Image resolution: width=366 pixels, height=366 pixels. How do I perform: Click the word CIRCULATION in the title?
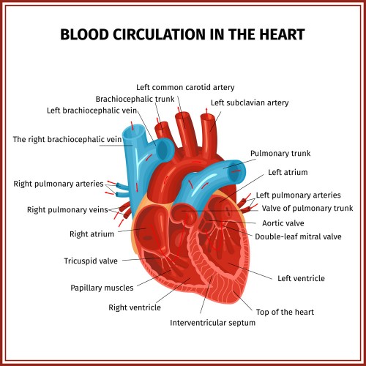pos(159,34)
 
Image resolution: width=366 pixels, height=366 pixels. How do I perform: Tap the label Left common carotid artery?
pos(185,87)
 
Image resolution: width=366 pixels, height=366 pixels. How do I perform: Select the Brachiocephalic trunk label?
pos(135,99)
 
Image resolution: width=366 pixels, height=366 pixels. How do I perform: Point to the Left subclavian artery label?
pos(250,102)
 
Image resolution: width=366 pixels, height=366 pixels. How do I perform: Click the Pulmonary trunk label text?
pos(280,154)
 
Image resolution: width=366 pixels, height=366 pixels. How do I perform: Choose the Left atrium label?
pos(288,172)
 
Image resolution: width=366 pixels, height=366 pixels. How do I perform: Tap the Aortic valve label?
pos(283,223)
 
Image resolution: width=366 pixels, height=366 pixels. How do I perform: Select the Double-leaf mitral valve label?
pos(298,236)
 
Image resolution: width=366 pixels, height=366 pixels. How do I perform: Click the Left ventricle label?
pos(301,278)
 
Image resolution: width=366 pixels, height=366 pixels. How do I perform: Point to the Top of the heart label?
pos(285,312)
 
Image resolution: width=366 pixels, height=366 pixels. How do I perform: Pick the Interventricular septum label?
pos(212,323)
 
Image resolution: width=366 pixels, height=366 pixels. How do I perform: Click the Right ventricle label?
pos(135,307)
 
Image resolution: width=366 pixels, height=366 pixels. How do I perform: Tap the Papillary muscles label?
pos(102,288)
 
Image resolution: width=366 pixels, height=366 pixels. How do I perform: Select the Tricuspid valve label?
pos(91,261)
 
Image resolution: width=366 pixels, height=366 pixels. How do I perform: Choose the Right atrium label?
pos(91,234)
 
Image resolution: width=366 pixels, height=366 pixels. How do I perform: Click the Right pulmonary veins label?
pos(67,209)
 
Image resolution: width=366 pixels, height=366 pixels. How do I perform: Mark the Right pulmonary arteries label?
pos(59,184)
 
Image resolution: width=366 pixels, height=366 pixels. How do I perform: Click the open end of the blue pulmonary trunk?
pos(236,171)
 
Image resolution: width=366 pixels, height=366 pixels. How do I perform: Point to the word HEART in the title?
pos(282,34)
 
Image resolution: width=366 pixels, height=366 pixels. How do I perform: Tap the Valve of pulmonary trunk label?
pos(307,208)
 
